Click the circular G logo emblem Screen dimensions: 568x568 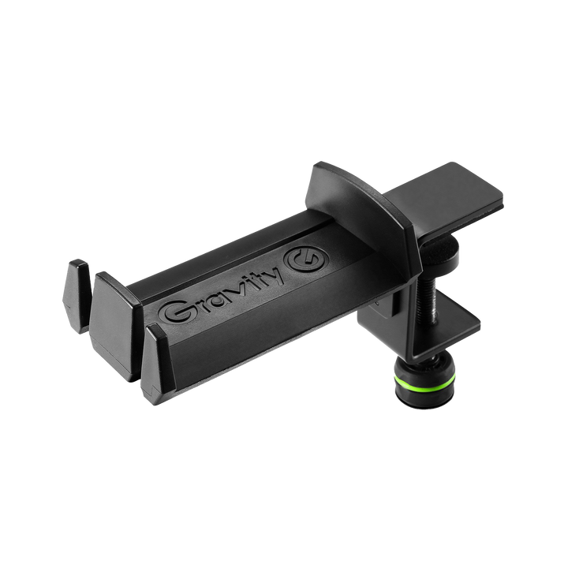306,261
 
